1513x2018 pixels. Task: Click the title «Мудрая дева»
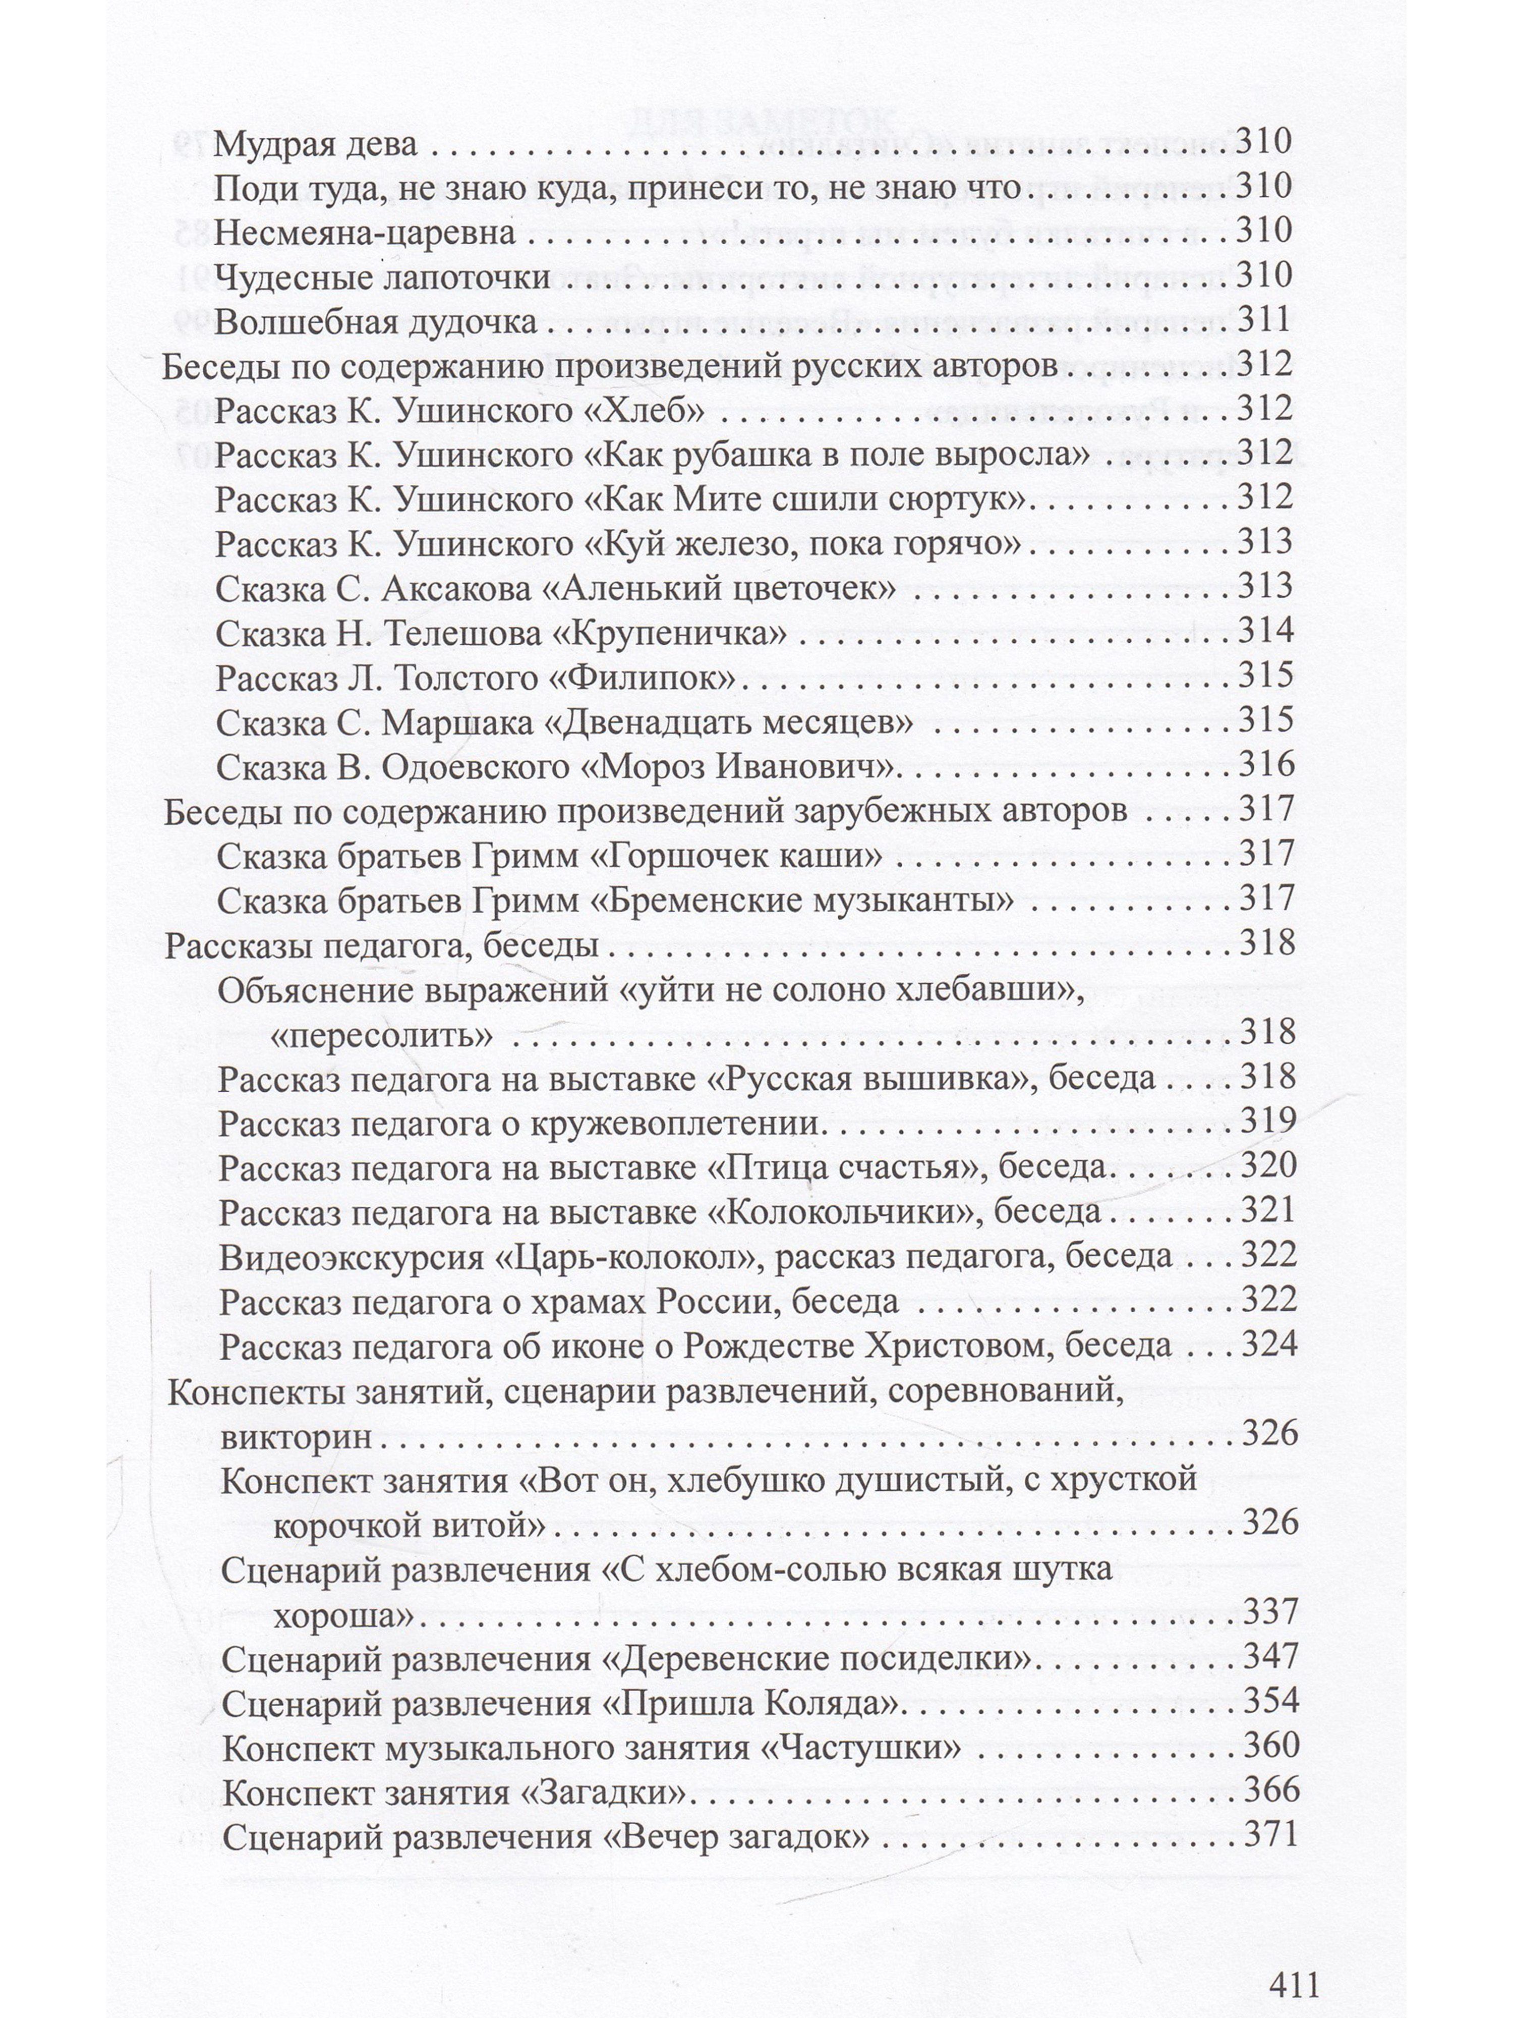point(315,144)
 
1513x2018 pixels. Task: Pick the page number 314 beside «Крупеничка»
point(1265,631)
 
